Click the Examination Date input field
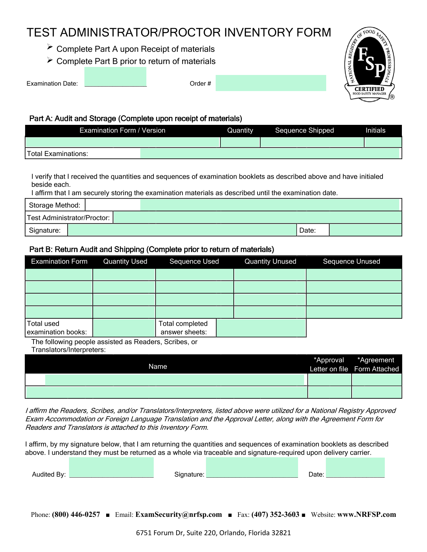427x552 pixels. tap(115, 77)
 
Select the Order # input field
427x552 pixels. tap(271, 83)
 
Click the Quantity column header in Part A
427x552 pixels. tap(240, 131)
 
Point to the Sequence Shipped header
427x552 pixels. tap(304, 131)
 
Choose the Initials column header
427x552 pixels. tap(375, 131)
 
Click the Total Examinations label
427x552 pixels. tap(58, 154)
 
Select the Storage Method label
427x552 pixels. tap(55, 205)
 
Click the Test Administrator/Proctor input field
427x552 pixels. tap(257, 218)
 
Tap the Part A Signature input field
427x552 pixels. tap(182, 230)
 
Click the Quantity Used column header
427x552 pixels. tap(125, 261)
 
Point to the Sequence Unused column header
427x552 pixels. tap(351, 261)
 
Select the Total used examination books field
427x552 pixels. tap(124, 328)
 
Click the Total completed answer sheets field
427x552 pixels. tap(261, 328)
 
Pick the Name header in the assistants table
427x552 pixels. tap(158, 367)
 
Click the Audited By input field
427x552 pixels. tap(111, 468)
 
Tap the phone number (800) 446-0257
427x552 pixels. tap(76, 515)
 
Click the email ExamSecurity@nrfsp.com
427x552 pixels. tap(179, 515)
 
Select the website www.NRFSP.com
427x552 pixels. tap(366, 515)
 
